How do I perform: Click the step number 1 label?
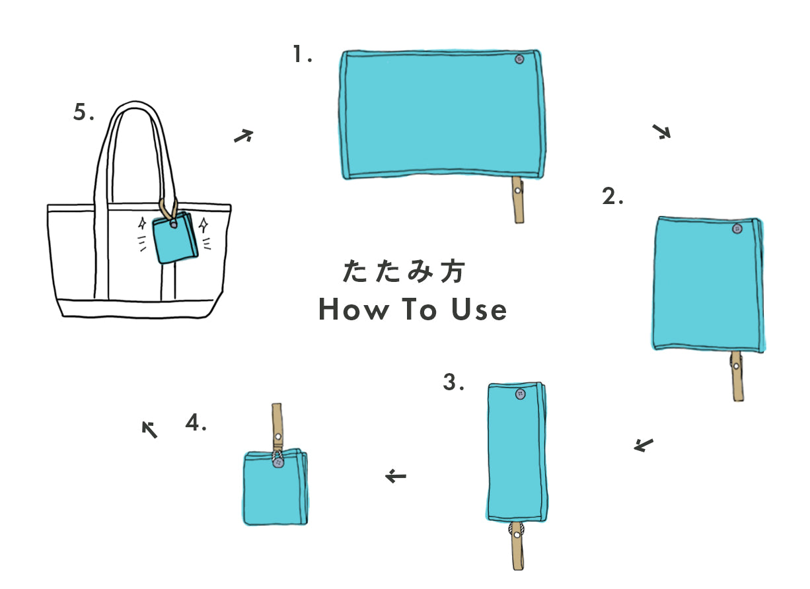click(303, 54)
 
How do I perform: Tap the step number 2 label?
click(612, 196)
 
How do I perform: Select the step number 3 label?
click(453, 382)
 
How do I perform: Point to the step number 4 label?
click(196, 422)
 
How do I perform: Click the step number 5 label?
click(83, 112)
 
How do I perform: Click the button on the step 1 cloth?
click(519, 59)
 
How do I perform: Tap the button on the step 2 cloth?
click(737, 228)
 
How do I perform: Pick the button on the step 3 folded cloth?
click(521, 394)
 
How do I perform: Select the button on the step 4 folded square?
click(278, 463)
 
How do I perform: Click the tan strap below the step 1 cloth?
click(518, 200)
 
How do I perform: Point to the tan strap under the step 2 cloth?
click(737, 376)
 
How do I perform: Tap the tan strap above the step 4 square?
click(277, 427)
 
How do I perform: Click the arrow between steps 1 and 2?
click(661, 131)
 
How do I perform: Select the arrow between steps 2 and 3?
click(644, 445)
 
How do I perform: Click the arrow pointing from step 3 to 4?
click(396, 476)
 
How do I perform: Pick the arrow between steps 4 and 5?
click(150, 430)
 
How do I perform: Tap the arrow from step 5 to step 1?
click(243, 135)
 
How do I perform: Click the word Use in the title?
click(479, 309)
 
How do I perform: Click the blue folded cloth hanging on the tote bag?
click(175, 238)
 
